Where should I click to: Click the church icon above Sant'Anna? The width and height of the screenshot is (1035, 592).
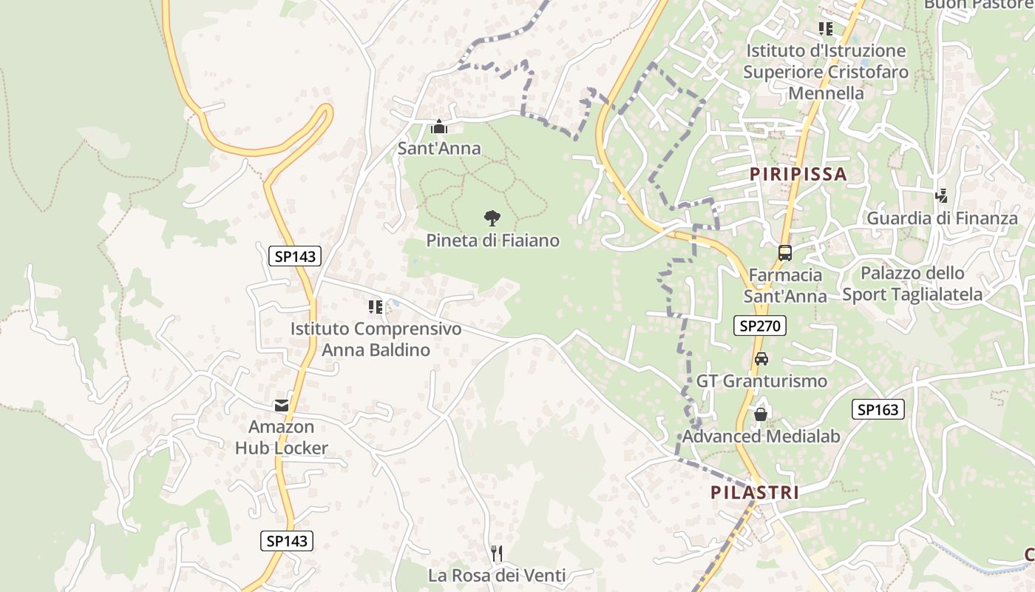pos(439,127)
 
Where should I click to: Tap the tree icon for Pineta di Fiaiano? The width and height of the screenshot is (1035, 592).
pos(492,218)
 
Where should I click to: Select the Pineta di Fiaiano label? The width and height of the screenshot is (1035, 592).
pos(492,240)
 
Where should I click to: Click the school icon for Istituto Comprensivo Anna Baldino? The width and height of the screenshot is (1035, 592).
pos(376,306)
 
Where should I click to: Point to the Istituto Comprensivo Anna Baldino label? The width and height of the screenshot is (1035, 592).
pos(376,339)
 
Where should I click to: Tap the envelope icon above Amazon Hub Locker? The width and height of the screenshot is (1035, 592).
pos(282,406)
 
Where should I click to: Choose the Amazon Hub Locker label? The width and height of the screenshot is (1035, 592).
pos(282,437)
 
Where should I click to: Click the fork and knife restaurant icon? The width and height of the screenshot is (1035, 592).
pos(497,554)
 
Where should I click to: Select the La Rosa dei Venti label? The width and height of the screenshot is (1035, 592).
pos(497,575)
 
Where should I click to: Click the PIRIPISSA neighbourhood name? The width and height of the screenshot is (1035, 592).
pos(798,174)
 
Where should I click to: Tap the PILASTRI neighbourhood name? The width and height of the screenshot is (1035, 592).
pos(755,493)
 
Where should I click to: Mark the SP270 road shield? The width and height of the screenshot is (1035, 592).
pos(759,326)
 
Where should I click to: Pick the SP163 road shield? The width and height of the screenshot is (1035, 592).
pos(878,409)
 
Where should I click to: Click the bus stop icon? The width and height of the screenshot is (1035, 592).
pos(784,253)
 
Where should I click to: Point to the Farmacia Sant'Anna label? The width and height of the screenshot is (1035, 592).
pos(785,286)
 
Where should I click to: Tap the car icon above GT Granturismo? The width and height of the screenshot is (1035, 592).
pos(761,359)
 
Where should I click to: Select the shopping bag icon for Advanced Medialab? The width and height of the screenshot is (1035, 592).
pos(760,414)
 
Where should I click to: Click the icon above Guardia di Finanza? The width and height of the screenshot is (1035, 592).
pos(941,196)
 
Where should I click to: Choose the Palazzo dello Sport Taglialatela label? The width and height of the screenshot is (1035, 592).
pos(913,283)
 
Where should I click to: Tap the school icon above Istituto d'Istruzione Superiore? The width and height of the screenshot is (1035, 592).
pos(825,29)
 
